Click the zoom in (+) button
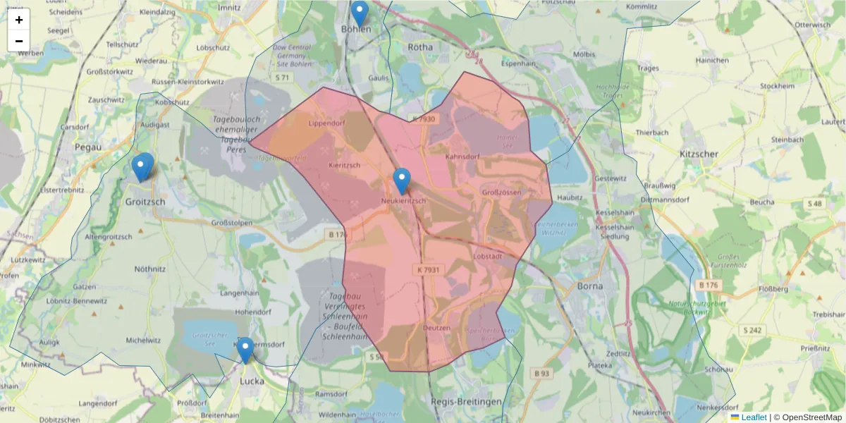point(19,20)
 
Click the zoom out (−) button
point(19,41)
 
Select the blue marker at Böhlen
point(360,13)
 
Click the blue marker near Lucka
point(245,350)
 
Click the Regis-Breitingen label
point(466,401)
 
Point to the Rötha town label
point(420,47)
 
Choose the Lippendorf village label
point(325,123)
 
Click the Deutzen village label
point(436,328)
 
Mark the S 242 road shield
point(753,330)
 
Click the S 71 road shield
point(283,77)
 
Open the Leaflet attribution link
point(754,417)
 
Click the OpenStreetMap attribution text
point(811,417)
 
